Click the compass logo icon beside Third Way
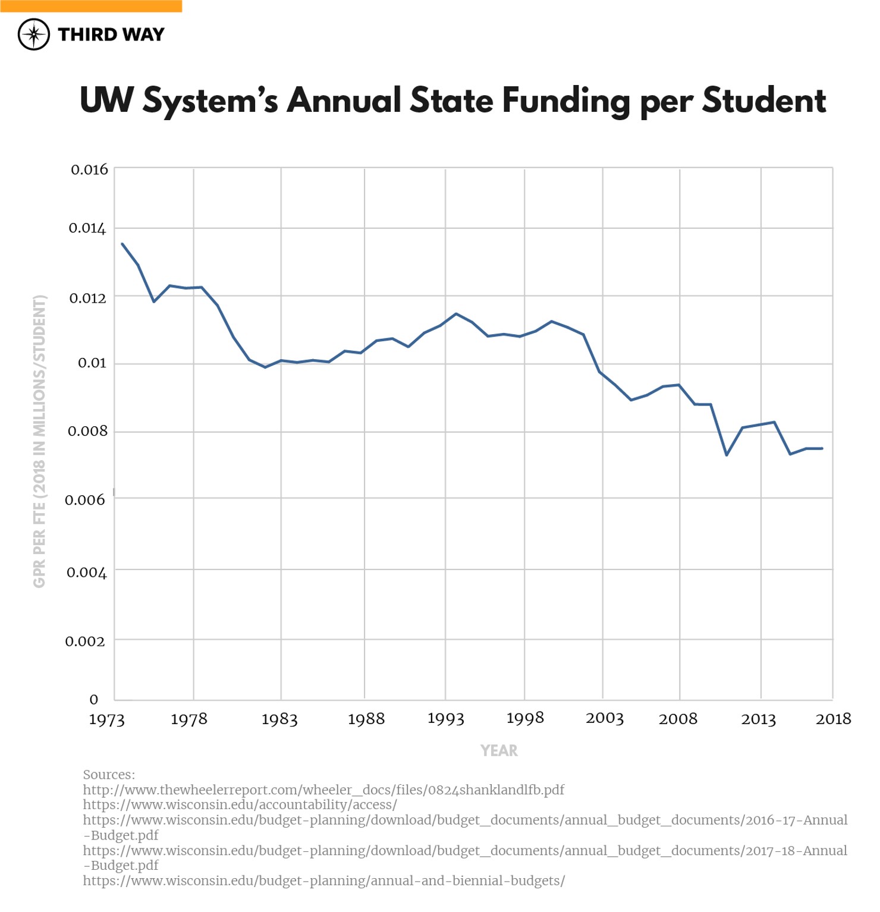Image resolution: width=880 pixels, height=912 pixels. coord(33,34)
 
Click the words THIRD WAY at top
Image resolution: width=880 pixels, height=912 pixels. coord(111,34)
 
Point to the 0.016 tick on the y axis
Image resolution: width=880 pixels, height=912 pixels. coord(89,169)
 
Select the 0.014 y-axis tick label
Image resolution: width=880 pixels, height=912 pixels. coord(87,228)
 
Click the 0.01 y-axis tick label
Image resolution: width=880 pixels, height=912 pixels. coord(92,363)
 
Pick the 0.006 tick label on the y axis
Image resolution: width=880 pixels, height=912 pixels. coord(85,500)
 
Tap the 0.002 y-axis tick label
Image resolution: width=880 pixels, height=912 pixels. coord(85,641)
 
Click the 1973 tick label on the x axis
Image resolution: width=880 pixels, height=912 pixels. coord(107,719)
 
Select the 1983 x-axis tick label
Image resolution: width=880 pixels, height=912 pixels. coord(279,719)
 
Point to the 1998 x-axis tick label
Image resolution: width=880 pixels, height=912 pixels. coord(525,718)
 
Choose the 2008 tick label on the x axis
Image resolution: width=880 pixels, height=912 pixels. coord(678,719)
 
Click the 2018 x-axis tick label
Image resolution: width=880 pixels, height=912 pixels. coord(834,719)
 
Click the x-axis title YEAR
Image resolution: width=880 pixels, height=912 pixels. coord(499,751)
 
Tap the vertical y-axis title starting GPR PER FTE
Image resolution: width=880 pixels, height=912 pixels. coord(39,441)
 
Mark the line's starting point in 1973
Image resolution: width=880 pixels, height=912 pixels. coord(122,244)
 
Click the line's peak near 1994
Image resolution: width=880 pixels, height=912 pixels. coord(456,313)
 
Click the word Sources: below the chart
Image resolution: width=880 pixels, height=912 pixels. coord(109,775)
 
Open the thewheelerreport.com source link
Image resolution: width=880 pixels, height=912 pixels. coord(323,790)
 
